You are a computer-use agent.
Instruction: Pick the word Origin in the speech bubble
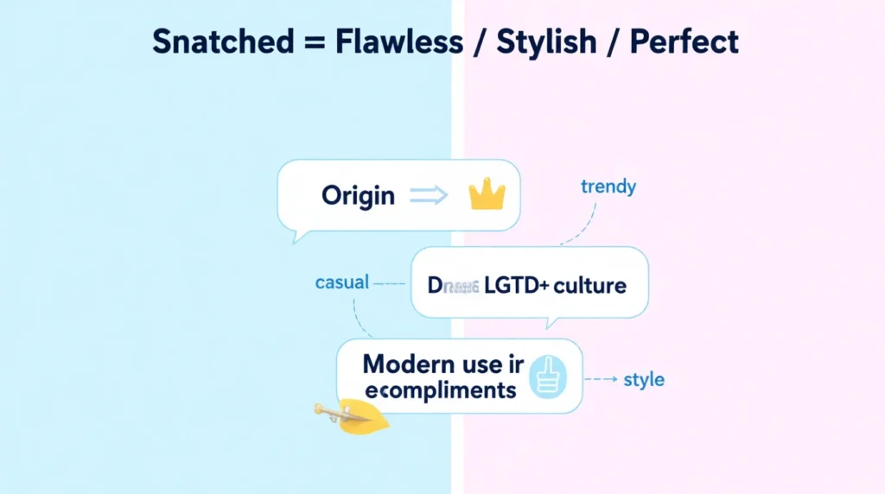pos(358,196)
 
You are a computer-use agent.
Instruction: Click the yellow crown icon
pos(486,196)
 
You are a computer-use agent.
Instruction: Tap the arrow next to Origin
pos(428,196)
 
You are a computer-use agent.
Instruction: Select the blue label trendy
pos(608,187)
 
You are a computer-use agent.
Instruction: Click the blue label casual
pos(342,282)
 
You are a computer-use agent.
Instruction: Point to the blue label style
pos(644,379)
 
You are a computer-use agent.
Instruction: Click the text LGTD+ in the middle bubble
pos(515,285)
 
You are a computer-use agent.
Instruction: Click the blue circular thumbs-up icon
pos(546,377)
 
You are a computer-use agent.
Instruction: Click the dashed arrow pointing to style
pos(601,379)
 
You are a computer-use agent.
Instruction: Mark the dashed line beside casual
pos(390,282)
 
